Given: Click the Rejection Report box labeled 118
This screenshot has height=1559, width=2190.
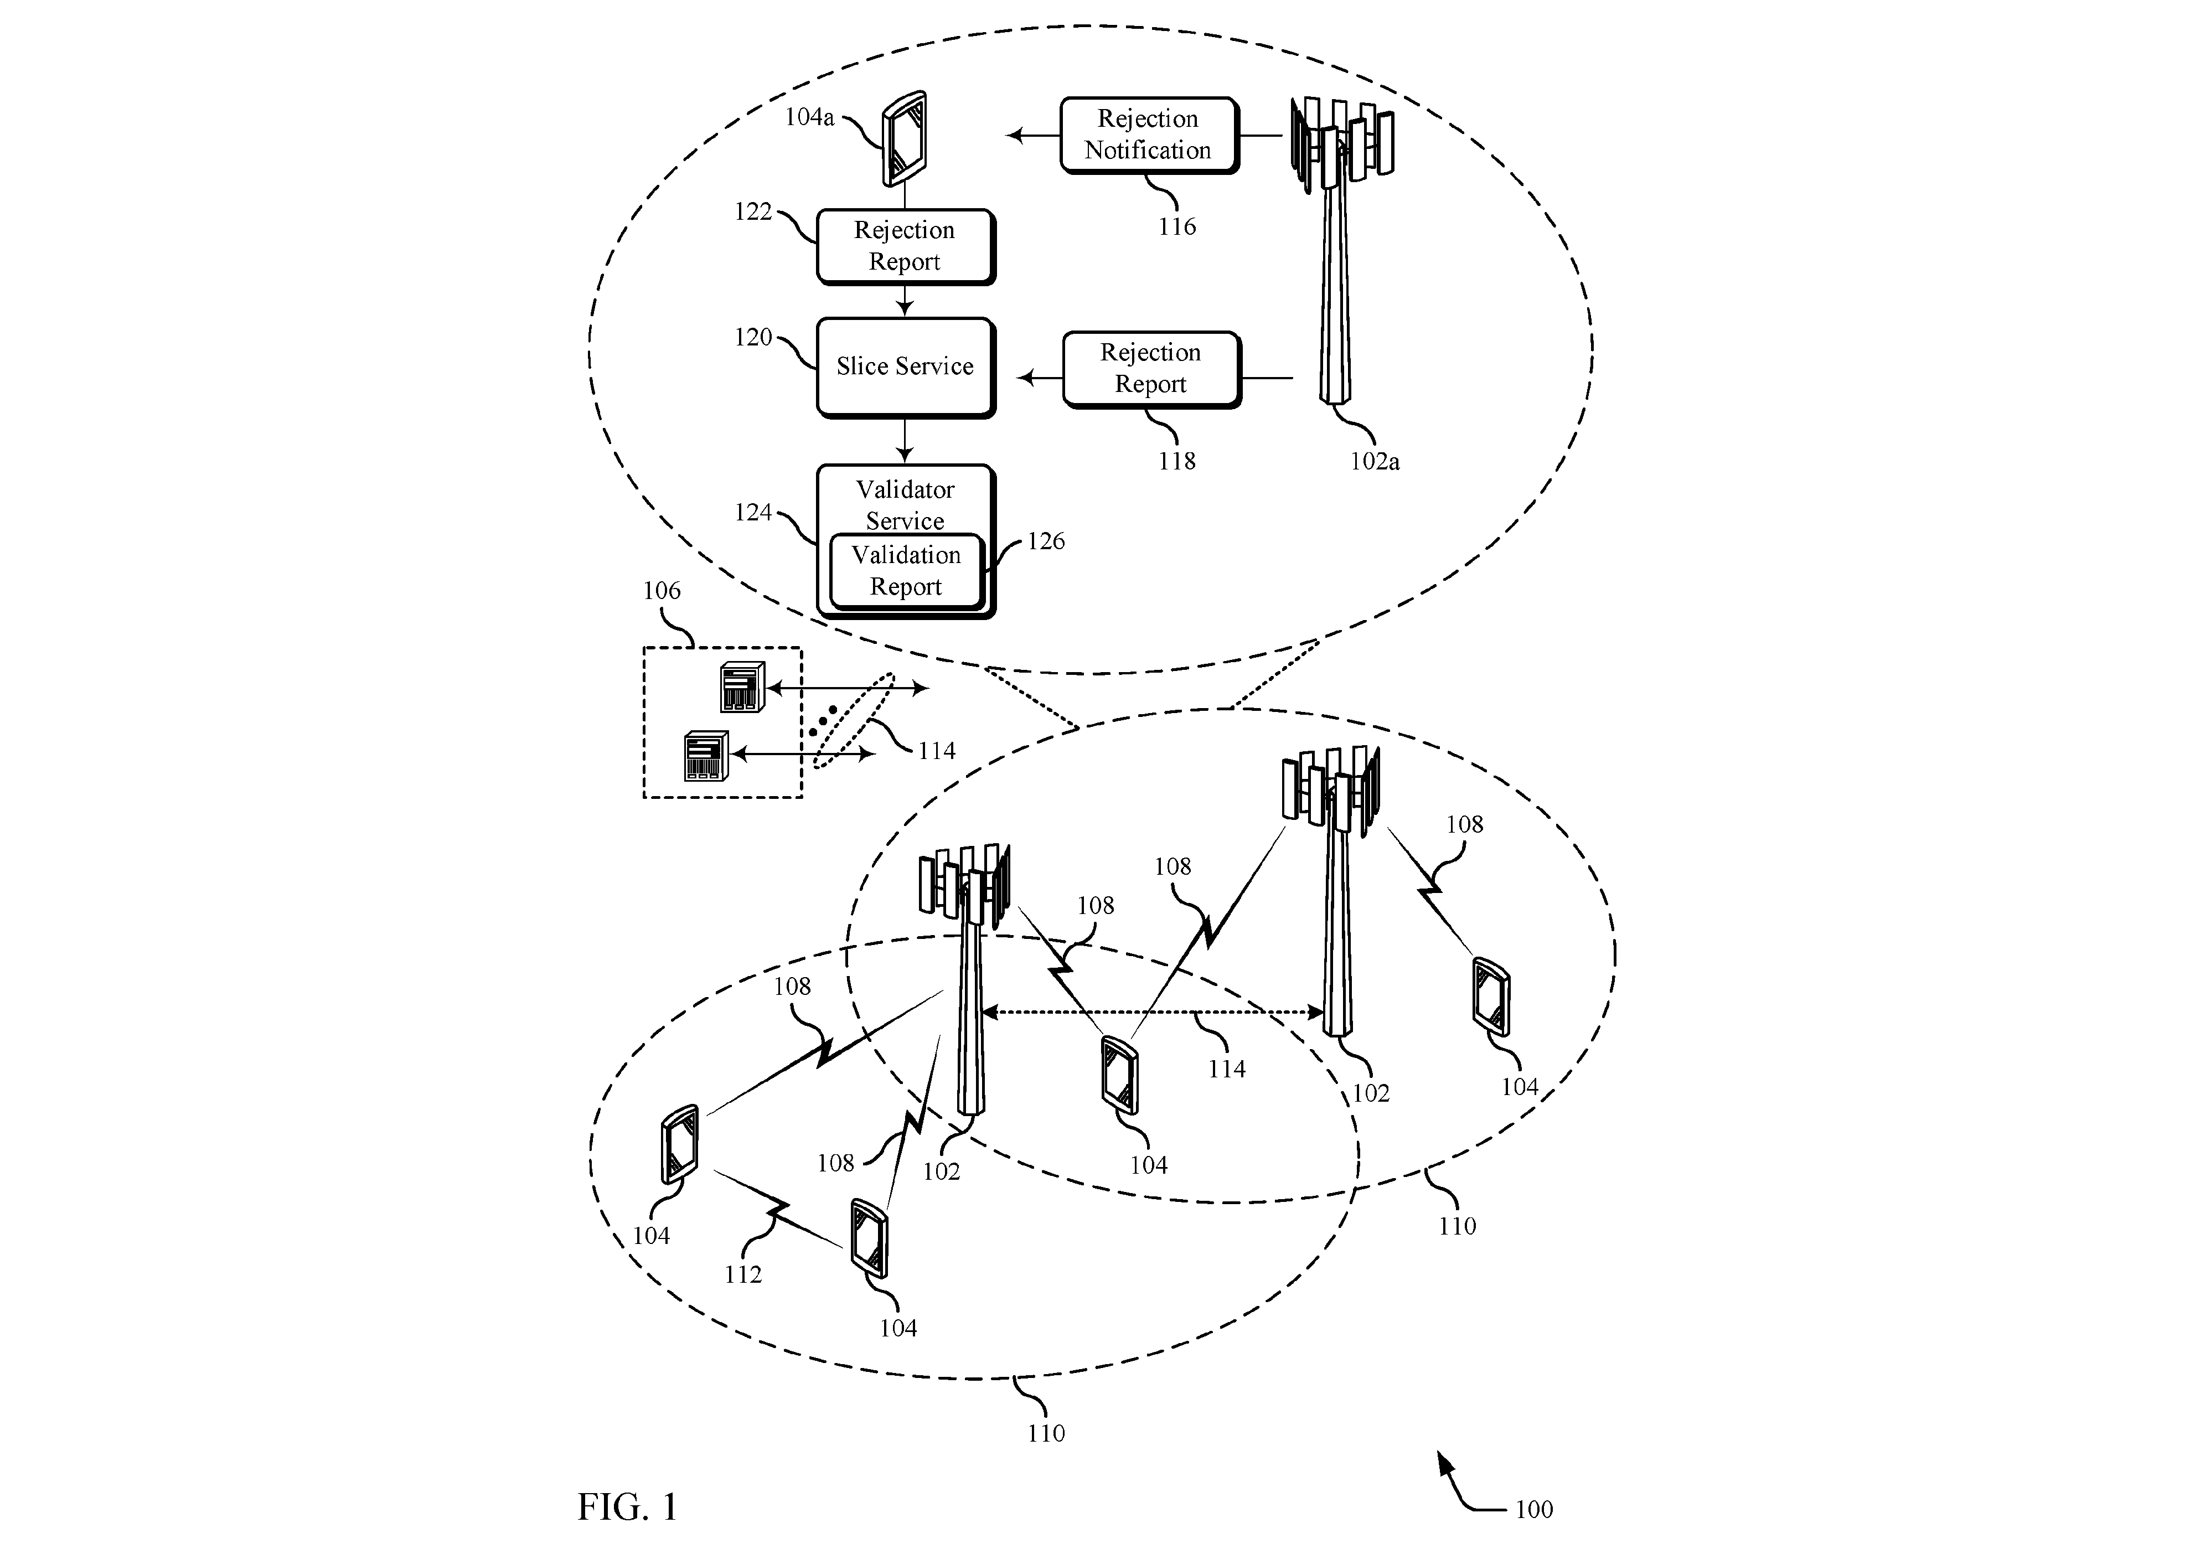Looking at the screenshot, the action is coord(1151,370).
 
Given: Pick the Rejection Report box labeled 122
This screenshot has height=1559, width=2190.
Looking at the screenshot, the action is coord(905,247).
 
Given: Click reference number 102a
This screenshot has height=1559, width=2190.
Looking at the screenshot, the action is coord(1374,462).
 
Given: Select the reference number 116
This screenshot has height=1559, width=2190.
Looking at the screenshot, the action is coord(1176,226).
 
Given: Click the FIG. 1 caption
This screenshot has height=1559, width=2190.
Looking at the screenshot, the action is coord(628,1506).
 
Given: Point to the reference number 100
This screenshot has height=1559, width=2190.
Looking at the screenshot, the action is coord(1533,1509).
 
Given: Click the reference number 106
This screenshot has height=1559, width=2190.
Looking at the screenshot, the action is coord(661,590).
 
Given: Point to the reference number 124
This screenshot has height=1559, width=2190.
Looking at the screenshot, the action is coord(753,513).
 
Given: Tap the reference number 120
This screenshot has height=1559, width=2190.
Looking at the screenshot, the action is coord(753,337).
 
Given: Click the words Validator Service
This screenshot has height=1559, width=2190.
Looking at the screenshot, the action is coord(905,505).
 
